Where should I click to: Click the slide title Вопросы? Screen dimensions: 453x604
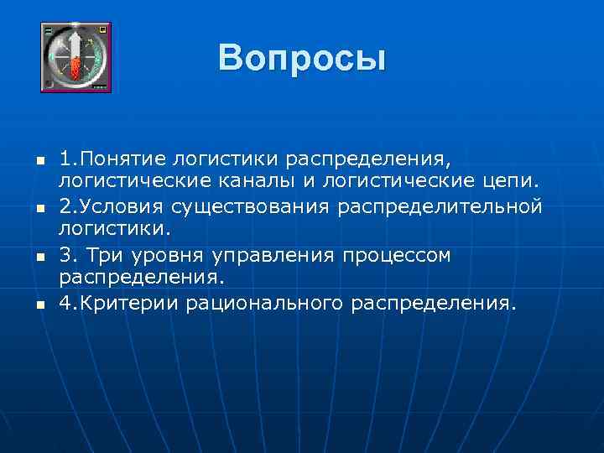(301, 58)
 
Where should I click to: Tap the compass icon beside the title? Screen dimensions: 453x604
(76, 58)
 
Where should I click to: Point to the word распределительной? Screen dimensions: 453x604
(440, 206)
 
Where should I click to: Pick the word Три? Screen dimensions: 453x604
(103, 254)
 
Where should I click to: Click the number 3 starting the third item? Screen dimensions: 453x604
(65, 254)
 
